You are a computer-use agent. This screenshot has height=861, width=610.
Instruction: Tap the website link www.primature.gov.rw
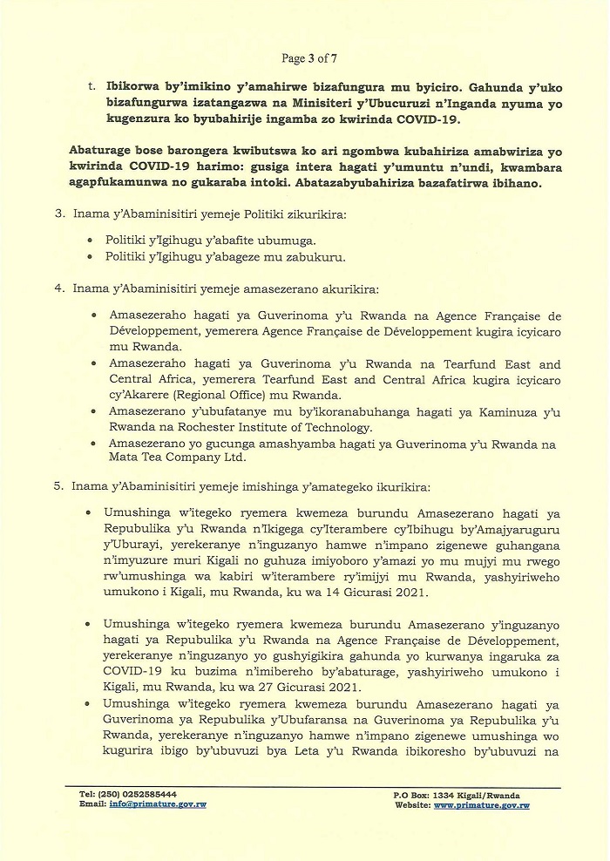(481, 805)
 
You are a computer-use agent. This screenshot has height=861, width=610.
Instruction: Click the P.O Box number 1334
(447, 795)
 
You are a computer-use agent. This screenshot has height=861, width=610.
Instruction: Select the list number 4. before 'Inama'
(59, 288)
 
